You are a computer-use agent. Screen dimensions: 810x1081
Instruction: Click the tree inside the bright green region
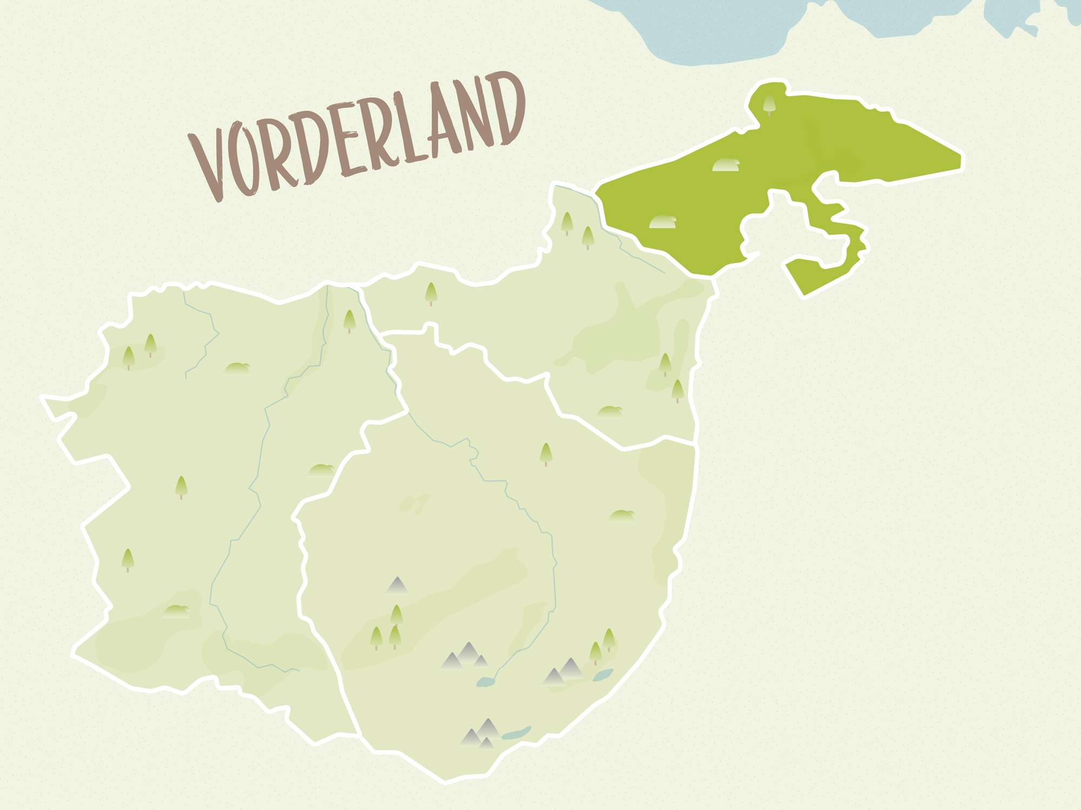(x=769, y=104)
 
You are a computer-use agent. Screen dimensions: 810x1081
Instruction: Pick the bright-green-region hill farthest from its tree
(x=663, y=222)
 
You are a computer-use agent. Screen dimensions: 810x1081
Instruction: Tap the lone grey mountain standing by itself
(x=397, y=585)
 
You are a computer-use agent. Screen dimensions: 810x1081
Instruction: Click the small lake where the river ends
(x=485, y=683)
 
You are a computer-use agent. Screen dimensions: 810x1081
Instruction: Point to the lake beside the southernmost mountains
(x=516, y=733)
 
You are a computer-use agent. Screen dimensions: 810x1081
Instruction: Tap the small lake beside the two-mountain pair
(x=603, y=675)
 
